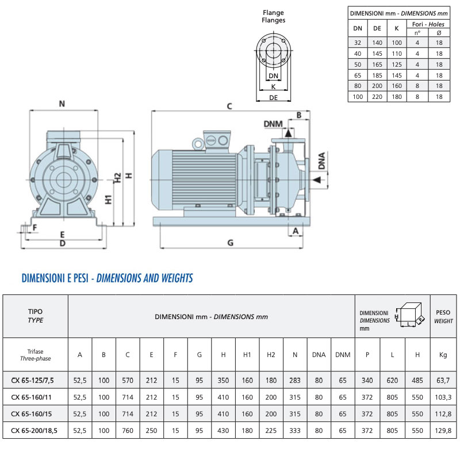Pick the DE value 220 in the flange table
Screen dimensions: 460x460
click(x=377, y=97)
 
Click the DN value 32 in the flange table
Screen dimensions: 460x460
click(x=358, y=42)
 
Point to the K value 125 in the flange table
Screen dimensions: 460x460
click(x=397, y=64)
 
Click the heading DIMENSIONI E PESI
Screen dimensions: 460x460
click(x=56, y=278)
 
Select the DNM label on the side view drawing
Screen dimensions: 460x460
click(x=273, y=124)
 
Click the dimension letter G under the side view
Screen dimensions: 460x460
click(x=231, y=243)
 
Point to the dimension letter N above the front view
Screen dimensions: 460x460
click(x=62, y=104)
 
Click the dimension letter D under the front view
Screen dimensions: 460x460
click(x=62, y=243)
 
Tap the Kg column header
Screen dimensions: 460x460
click(x=443, y=355)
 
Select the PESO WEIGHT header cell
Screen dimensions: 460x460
click(x=443, y=317)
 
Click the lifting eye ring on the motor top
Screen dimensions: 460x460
click(x=198, y=142)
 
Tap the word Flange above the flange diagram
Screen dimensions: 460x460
click(x=273, y=12)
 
